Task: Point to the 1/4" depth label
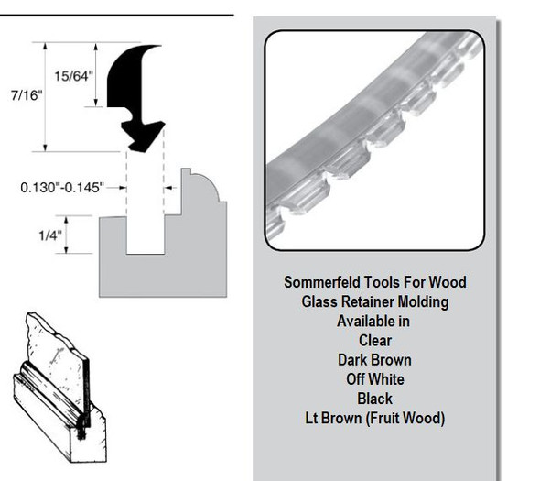tap(50, 235)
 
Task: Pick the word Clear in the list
tap(375, 340)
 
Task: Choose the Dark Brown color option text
tap(375, 359)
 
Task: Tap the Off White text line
tap(375, 378)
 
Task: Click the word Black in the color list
tap(375, 398)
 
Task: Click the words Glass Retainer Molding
tap(375, 301)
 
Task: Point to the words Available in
tap(375, 321)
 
